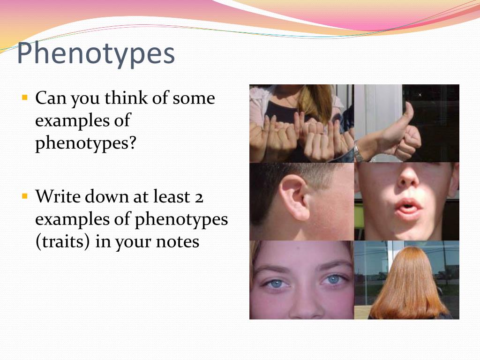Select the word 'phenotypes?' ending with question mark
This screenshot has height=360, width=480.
pyautogui.click(x=86, y=143)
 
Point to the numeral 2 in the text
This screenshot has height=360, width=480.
pyautogui.click(x=199, y=197)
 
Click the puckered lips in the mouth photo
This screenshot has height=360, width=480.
pyautogui.click(x=408, y=207)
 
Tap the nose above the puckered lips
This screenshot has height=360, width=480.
pyautogui.click(x=409, y=177)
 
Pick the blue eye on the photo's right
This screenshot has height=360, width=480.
pyautogui.click(x=333, y=279)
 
